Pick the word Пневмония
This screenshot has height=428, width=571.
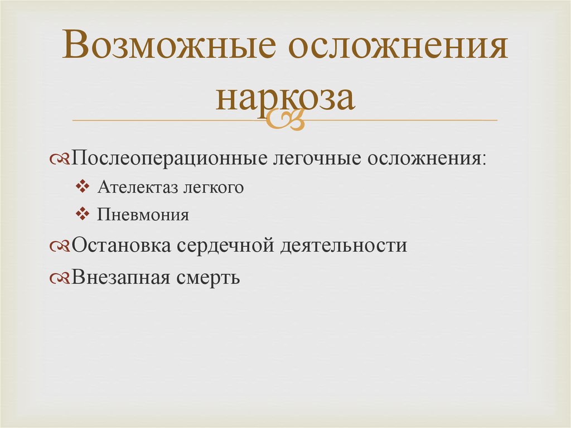click(143, 214)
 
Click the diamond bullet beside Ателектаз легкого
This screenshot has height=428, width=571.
click(83, 187)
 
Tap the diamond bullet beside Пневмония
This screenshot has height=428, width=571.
click(83, 214)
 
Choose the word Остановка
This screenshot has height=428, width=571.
click(121, 245)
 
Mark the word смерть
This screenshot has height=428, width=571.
click(209, 278)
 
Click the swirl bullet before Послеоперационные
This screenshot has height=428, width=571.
click(60, 159)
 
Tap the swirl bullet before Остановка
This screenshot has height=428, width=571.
click(60, 246)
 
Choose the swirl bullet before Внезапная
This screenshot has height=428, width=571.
click(60, 278)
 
